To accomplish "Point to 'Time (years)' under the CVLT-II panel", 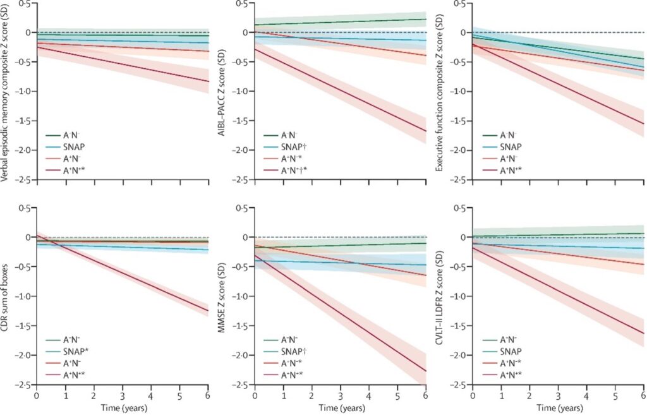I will [558, 408].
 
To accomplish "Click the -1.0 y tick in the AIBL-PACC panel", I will [241, 92].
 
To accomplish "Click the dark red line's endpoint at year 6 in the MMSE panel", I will [425, 371].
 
